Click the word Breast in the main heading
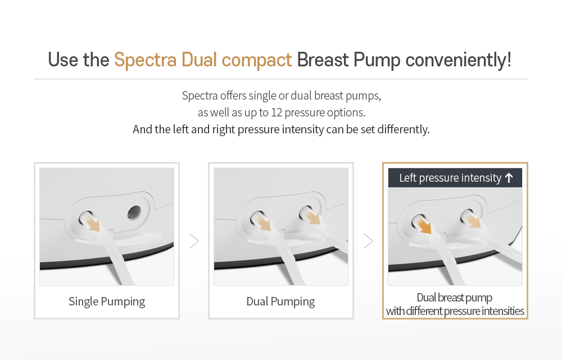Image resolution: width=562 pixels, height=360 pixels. (323, 60)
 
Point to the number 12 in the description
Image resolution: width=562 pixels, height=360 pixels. (277, 112)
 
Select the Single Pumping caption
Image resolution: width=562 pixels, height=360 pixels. (107, 301)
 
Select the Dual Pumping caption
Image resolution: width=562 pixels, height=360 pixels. (280, 301)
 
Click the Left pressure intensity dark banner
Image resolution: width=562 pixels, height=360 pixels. (450, 178)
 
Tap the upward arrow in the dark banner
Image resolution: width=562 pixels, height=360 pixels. (509, 178)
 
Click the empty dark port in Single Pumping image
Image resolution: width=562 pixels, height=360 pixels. (134, 212)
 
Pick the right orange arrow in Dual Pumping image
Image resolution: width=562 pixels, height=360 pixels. (312, 217)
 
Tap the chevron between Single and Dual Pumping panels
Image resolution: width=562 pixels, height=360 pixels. (194, 241)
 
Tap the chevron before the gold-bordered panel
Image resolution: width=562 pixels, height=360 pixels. (368, 241)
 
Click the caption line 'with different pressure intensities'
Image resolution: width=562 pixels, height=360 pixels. (455, 311)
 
